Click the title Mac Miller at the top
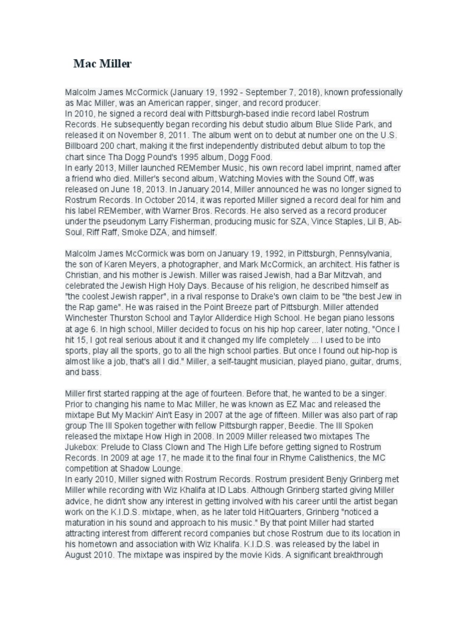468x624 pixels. tap(102, 63)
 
